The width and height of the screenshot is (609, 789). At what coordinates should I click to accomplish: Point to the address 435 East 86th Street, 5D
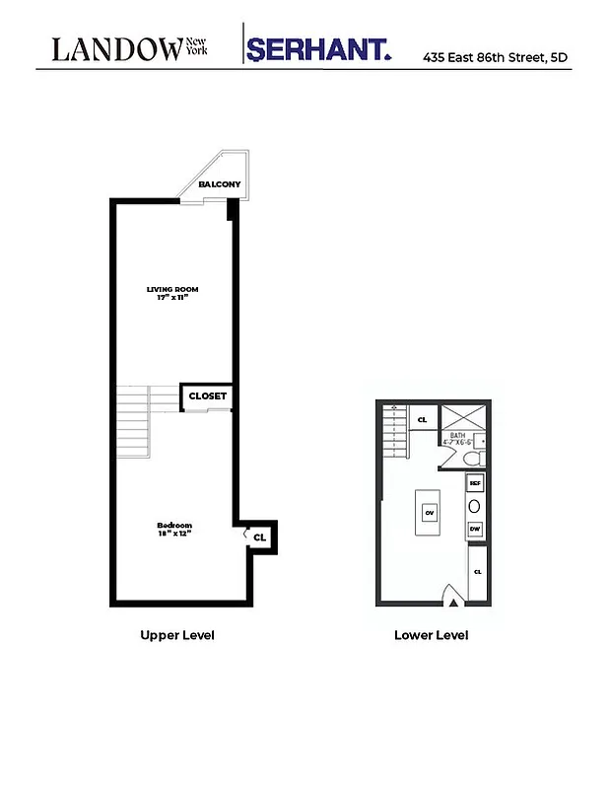point(496,58)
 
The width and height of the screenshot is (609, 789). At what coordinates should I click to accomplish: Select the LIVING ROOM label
point(172,289)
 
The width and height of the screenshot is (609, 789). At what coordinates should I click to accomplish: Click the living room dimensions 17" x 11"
point(172,298)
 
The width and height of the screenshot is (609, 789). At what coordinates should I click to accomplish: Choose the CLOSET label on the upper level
point(207,396)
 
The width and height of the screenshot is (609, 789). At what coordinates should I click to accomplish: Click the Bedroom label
point(173,525)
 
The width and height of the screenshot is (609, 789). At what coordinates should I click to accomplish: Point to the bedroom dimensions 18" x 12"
point(173,534)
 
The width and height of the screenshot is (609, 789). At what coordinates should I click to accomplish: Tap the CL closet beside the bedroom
point(259,538)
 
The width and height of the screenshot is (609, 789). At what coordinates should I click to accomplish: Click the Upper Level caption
point(177,635)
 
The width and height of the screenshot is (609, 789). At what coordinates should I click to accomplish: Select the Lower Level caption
point(431,635)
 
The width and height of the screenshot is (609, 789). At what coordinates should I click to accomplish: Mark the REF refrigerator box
point(475,483)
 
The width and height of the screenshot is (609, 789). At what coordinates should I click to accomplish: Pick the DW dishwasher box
point(475,529)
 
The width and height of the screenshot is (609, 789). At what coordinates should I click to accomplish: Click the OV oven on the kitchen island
point(430,513)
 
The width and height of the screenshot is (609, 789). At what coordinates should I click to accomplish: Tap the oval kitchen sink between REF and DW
point(474,506)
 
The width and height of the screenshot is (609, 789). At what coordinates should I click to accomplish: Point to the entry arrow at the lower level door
point(453,596)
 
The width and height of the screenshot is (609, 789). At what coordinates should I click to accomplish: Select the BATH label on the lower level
point(457,435)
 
